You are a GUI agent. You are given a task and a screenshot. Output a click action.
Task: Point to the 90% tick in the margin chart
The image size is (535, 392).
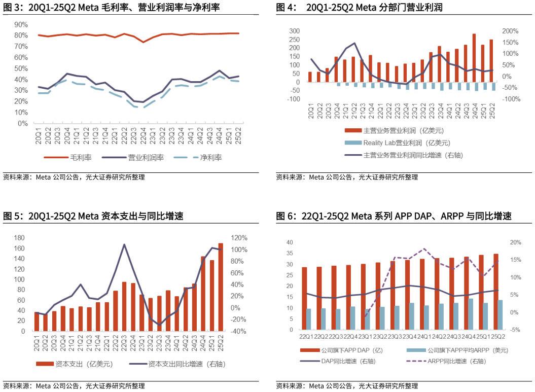(x=21, y=24)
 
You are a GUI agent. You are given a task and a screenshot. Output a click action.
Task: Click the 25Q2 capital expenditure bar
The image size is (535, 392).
(x=221, y=287)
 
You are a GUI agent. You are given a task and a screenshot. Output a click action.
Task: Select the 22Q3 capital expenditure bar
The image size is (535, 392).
(x=124, y=306)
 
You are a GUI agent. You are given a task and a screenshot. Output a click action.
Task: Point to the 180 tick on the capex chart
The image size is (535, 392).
(x=19, y=238)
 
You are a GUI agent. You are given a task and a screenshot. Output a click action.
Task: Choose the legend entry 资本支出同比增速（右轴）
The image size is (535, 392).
(x=187, y=364)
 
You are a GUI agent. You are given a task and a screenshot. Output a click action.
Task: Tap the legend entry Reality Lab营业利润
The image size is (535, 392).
(x=406, y=143)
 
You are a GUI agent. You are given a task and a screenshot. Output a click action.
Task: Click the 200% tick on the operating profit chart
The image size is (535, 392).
(x=509, y=31)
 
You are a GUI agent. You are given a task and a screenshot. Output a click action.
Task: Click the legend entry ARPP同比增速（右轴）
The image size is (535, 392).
(x=453, y=361)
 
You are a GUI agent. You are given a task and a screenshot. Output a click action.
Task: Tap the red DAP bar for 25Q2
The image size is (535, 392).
(x=496, y=292)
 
